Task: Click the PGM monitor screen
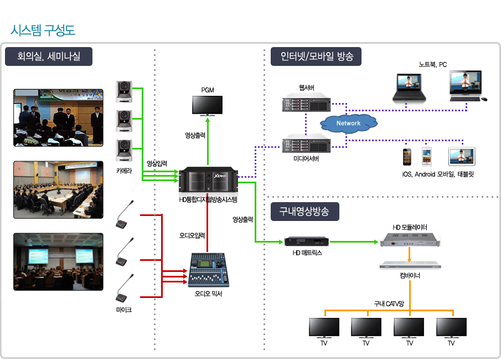click(x=207, y=105)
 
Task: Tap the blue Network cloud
click(x=348, y=123)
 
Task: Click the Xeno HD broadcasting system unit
click(x=208, y=179)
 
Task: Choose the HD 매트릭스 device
click(x=307, y=241)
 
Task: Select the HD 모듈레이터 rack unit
click(x=409, y=240)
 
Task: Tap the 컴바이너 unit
click(x=409, y=265)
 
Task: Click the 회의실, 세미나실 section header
click(x=49, y=56)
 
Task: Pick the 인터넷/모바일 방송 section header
click(x=317, y=56)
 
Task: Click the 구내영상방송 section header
click(x=304, y=211)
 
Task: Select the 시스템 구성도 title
click(x=43, y=29)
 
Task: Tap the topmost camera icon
click(x=125, y=91)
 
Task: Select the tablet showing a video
click(x=462, y=157)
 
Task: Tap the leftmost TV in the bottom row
click(x=324, y=327)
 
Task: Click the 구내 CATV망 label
click(x=389, y=304)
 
